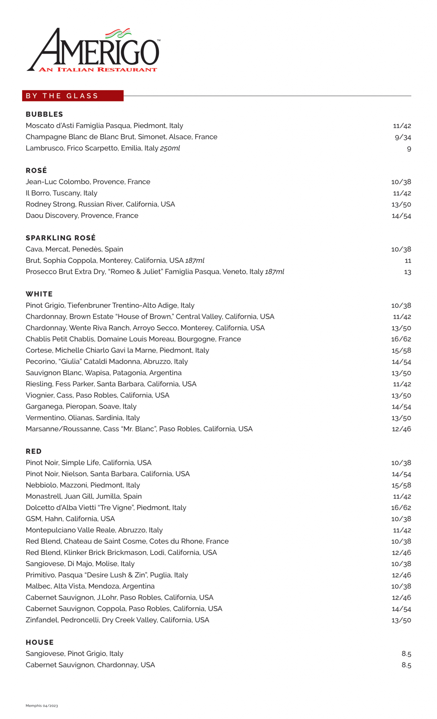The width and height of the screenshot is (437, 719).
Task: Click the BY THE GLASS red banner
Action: (x=73, y=96)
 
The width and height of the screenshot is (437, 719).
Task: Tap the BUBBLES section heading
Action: (x=44, y=114)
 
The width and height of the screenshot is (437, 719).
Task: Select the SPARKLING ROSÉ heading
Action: (x=60, y=238)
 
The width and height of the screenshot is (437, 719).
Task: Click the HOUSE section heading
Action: (x=40, y=642)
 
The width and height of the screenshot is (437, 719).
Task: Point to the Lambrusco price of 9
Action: (x=409, y=149)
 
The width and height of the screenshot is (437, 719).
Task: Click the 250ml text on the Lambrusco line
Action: (x=170, y=148)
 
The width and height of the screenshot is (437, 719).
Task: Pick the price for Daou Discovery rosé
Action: (x=401, y=216)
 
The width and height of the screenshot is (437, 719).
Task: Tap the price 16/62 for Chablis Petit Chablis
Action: (x=401, y=339)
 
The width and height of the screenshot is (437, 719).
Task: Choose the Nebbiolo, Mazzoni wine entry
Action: (x=83, y=485)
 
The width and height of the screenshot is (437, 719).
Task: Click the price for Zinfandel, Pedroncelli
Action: (x=401, y=620)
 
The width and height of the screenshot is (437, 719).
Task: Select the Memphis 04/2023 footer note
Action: (x=42, y=706)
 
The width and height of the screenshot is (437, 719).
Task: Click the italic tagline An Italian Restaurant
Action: (x=98, y=70)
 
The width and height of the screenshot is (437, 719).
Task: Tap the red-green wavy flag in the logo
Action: (x=118, y=34)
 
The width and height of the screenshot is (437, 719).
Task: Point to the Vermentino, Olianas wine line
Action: (x=83, y=418)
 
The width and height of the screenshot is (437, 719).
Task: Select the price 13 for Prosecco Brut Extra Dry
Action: (x=407, y=272)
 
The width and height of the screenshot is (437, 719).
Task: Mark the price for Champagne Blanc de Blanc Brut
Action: (x=403, y=137)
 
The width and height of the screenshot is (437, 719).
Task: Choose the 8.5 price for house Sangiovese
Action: (x=406, y=654)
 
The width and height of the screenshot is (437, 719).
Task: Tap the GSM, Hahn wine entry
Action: (x=70, y=519)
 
